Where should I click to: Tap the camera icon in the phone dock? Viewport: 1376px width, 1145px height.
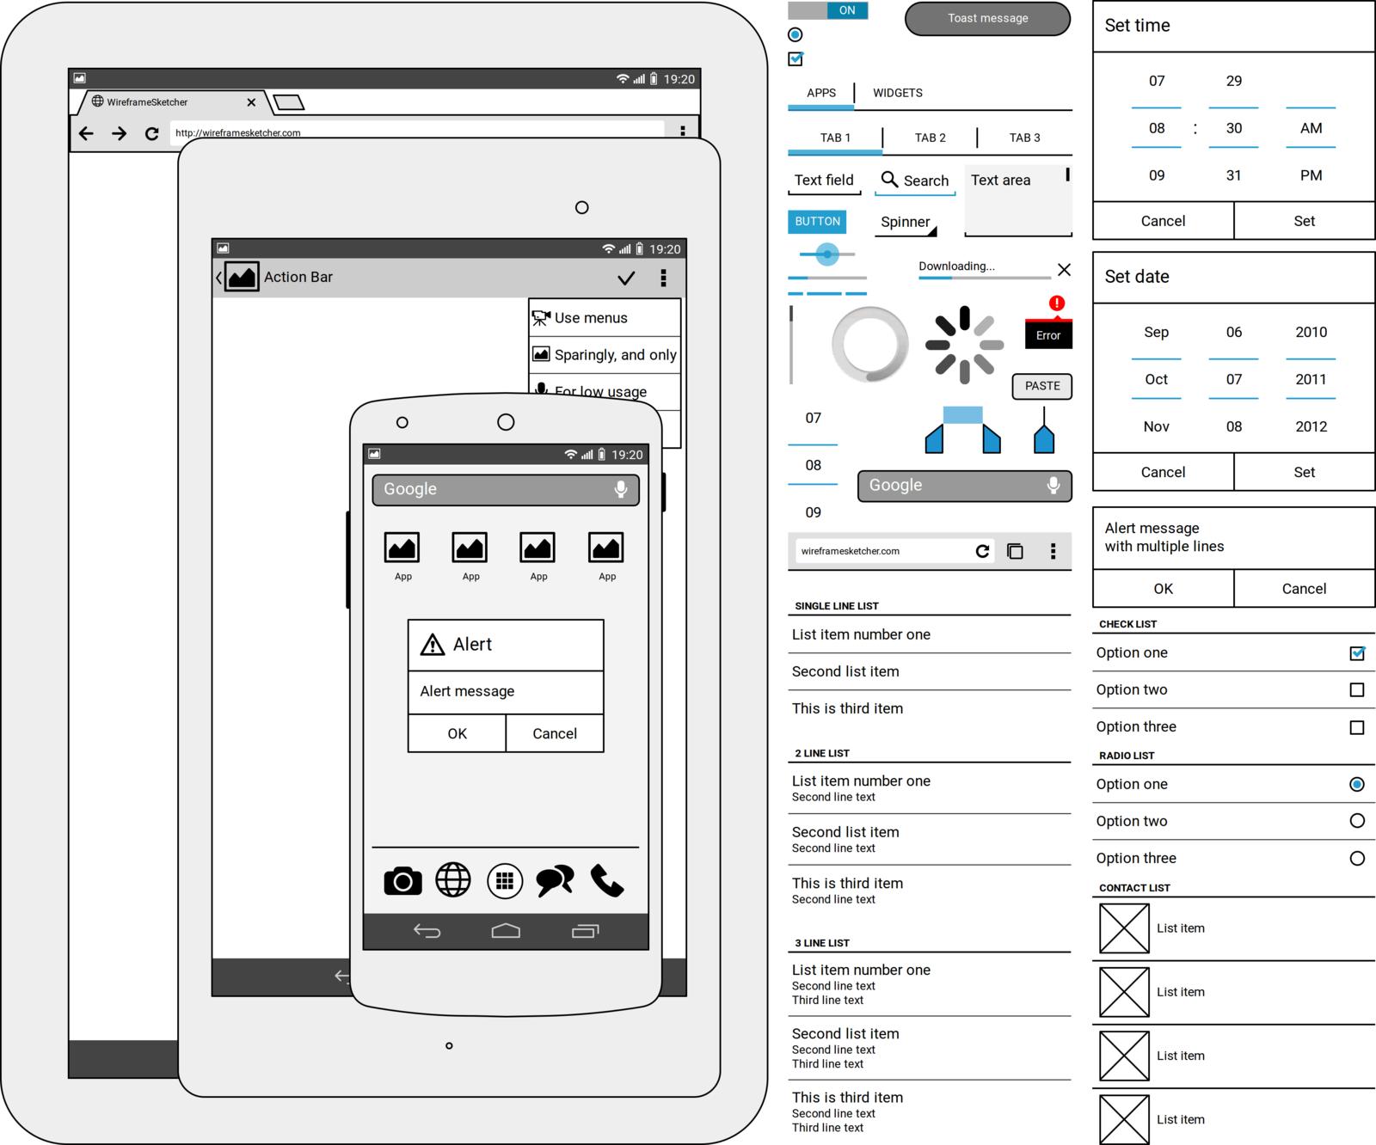[402, 881]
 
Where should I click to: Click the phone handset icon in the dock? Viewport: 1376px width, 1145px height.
[606, 881]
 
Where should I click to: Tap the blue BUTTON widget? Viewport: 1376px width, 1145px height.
[817, 222]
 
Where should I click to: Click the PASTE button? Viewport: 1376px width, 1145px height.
[1042, 386]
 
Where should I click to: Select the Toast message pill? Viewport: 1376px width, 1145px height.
[987, 18]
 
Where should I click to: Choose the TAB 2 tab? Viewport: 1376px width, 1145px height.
[930, 138]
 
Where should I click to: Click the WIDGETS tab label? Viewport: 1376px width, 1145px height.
[897, 93]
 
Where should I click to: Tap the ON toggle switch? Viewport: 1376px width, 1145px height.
[828, 10]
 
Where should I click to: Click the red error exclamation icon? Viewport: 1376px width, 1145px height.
[1057, 303]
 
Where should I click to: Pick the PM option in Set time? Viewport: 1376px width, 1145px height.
[1311, 175]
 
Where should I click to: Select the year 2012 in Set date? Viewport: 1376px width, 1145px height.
[1311, 426]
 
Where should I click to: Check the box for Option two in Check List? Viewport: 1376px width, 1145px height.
[1357, 689]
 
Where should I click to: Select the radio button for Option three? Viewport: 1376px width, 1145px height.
[1357, 858]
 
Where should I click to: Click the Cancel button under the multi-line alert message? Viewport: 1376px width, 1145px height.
[1304, 589]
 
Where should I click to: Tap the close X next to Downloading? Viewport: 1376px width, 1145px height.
[1064, 270]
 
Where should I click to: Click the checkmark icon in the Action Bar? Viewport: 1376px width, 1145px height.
[626, 278]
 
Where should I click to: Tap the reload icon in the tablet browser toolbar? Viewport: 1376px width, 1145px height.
[152, 133]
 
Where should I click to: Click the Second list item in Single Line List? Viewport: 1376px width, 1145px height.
[845, 671]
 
